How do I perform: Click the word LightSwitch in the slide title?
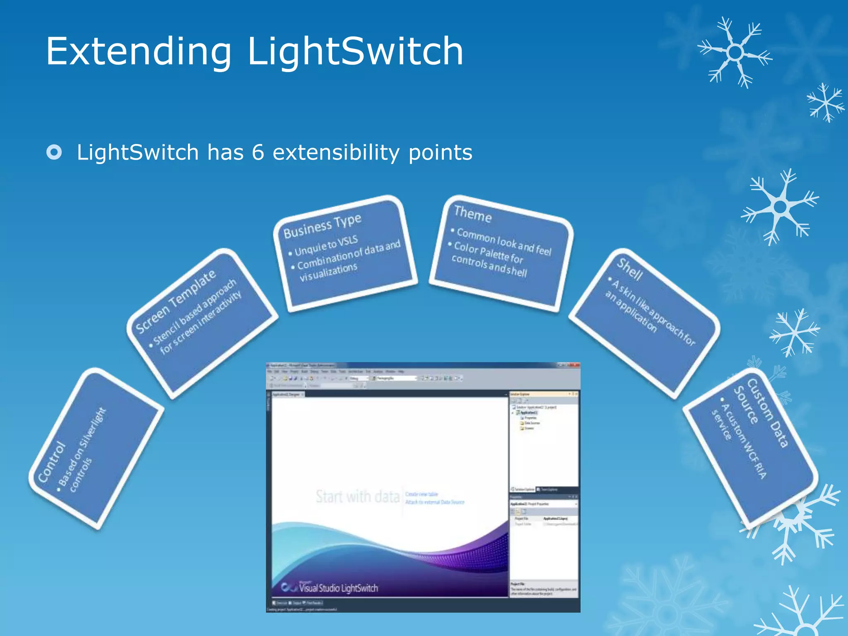[355, 52]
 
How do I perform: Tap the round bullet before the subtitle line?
[54, 152]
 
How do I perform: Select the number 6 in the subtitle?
[258, 152]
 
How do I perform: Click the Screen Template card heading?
[176, 301]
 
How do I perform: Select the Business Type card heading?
[322, 226]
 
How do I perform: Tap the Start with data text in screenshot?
[357, 496]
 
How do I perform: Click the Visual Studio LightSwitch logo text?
[338, 588]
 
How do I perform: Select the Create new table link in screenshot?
[421, 494]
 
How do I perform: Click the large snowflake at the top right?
[735, 53]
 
